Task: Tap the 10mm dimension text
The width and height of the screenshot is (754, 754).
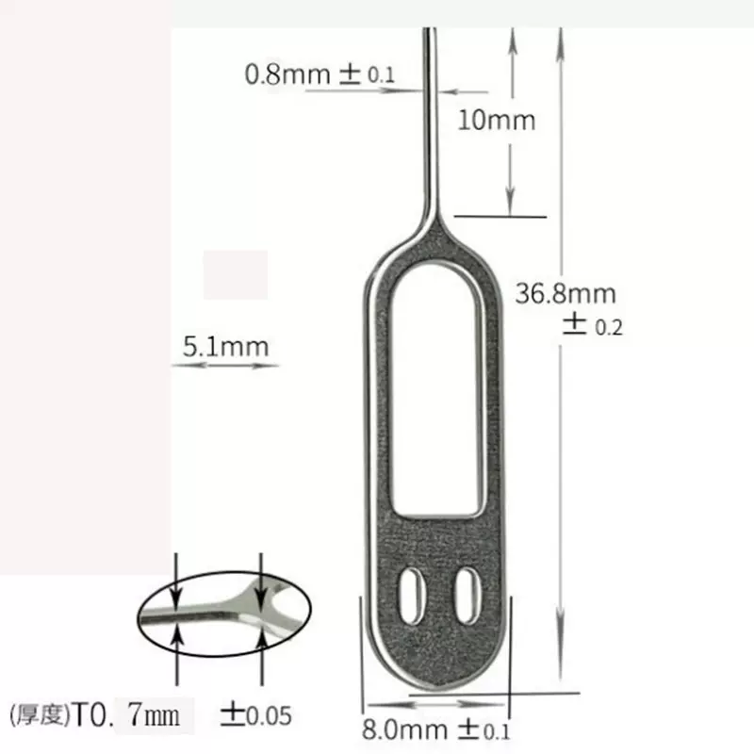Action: (x=496, y=120)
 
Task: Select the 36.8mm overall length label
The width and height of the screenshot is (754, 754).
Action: (x=565, y=293)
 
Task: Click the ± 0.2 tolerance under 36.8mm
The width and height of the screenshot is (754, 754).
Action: (x=594, y=326)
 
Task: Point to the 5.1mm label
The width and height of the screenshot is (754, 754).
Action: (x=225, y=346)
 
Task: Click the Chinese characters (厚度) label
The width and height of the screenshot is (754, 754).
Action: (x=40, y=714)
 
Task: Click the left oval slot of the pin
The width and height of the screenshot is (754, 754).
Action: (x=411, y=594)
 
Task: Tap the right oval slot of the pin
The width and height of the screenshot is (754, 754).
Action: (x=463, y=594)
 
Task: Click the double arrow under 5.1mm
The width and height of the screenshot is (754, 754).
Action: (x=225, y=365)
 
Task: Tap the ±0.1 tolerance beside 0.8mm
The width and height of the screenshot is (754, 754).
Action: (x=375, y=74)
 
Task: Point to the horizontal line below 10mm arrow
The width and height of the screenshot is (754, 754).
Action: (x=500, y=217)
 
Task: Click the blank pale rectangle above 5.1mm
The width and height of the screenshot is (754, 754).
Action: (x=236, y=274)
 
